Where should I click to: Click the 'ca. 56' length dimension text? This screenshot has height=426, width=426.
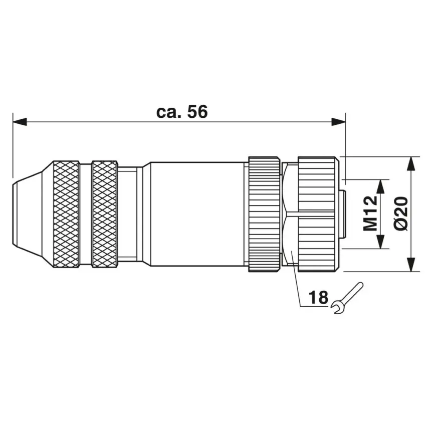(x=182, y=112)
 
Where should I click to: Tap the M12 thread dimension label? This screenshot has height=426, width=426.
(x=370, y=214)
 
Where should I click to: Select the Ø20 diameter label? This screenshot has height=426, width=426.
(x=401, y=214)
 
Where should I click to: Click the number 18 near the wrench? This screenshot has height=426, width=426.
(x=318, y=297)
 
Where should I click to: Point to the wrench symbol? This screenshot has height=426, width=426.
(x=347, y=298)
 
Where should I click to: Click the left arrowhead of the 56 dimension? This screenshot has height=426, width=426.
(x=20, y=122)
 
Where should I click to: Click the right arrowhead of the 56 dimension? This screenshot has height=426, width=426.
(x=338, y=122)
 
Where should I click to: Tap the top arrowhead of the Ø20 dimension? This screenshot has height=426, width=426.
(x=412, y=164)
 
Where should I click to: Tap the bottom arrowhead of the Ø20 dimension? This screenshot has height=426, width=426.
(x=412, y=264)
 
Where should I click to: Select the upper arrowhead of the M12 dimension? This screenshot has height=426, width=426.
(x=381, y=186)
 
